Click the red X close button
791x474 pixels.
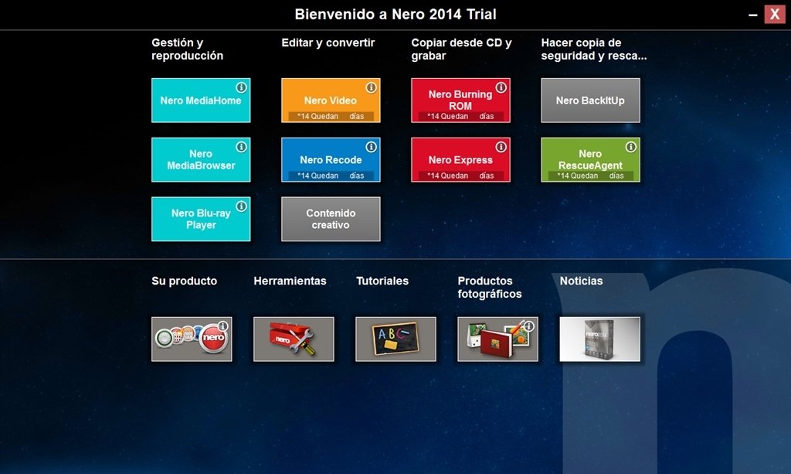pyautogui.click(x=774, y=14)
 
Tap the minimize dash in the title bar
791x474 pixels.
pyautogui.click(x=752, y=15)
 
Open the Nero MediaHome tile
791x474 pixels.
pyautogui.click(x=201, y=100)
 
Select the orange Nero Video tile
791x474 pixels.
pyautogui.click(x=331, y=100)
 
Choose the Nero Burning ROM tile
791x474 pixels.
pyautogui.click(x=460, y=100)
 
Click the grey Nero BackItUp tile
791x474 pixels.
pyautogui.click(x=590, y=100)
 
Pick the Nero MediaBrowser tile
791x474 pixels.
pyautogui.click(x=201, y=159)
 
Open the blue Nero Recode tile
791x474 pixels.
pyautogui.click(x=331, y=159)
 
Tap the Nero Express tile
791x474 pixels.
pyautogui.click(x=460, y=159)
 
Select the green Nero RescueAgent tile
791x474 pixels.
pyautogui.click(x=590, y=159)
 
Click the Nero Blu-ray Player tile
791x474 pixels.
pyautogui.click(x=201, y=219)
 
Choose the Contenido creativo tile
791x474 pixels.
pyautogui.click(x=331, y=219)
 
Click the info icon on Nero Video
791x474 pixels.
pyautogui.click(x=372, y=87)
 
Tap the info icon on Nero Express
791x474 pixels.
pyautogui.click(x=501, y=147)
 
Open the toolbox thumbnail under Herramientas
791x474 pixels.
pyautogui.click(x=294, y=339)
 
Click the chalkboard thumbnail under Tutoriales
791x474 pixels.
pyautogui.click(x=395, y=339)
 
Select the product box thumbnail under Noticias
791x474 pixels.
pyautogui.click(x=599, y=339)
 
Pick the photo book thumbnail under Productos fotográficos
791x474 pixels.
pyautogui.click(x=498, y=339)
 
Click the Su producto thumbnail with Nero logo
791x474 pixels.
pyautogui.click(x=192, y=339)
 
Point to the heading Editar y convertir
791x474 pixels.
pyautogui.click(x=328, y=43)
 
